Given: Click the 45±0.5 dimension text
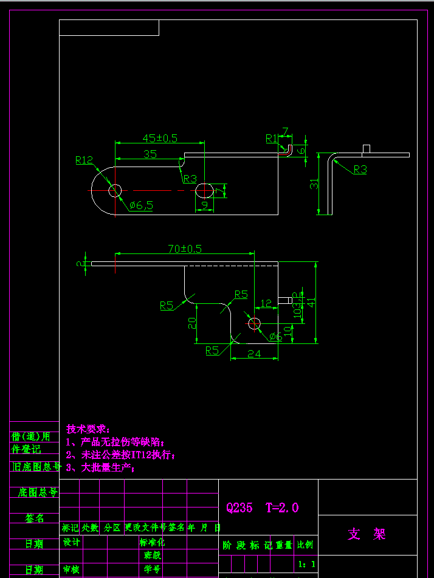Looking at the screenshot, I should (160, 138).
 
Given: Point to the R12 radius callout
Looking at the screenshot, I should (84, 160).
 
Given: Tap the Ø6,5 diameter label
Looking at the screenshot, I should (141, 205).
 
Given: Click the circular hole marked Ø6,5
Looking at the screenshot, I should (114, 191).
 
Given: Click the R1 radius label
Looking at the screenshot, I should (271, 139).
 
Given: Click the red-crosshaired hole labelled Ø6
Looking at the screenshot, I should (254, 323).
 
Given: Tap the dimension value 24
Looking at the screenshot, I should (254, 354).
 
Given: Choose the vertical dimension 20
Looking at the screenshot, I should (191, 323).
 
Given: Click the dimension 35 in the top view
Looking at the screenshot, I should (150, 154).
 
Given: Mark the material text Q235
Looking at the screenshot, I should (239, 507).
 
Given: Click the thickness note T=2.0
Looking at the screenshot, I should (282, 507).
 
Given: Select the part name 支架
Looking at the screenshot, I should (367, 534).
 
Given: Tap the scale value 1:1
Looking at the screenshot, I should (306, 564).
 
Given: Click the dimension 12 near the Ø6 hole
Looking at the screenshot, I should (266, 303).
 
